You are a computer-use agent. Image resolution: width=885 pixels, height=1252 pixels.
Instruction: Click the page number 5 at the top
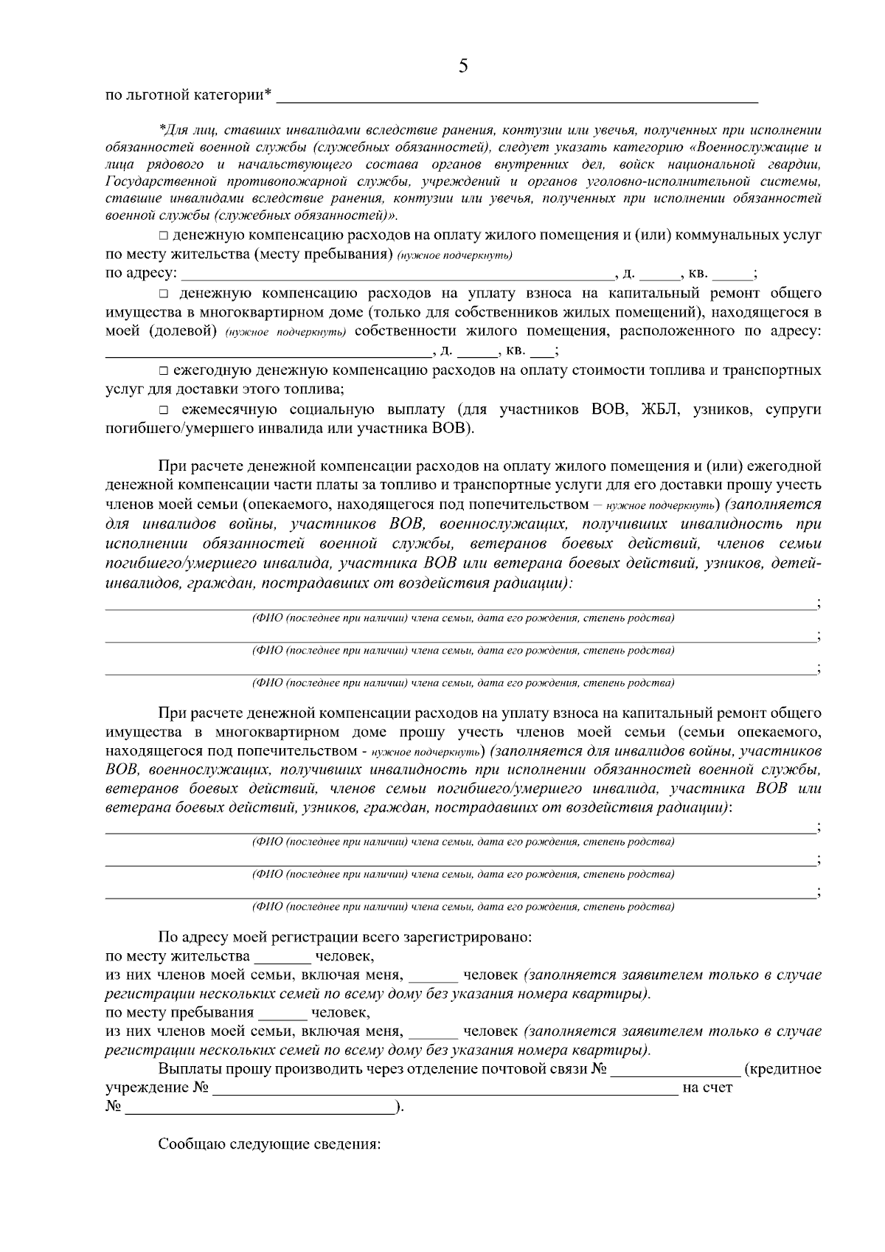click(463, 66)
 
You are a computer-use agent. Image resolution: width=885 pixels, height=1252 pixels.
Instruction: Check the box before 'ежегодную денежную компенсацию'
click(163, 370)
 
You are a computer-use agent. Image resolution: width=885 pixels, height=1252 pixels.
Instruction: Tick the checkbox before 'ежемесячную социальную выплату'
click(163, 410)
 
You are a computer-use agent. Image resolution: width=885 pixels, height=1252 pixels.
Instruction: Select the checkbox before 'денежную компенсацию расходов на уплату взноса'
click(163, 294)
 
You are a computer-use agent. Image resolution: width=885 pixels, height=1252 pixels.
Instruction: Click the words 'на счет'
click(708, 1088)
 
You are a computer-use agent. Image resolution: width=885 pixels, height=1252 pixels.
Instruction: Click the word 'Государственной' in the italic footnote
click(153, 181)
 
